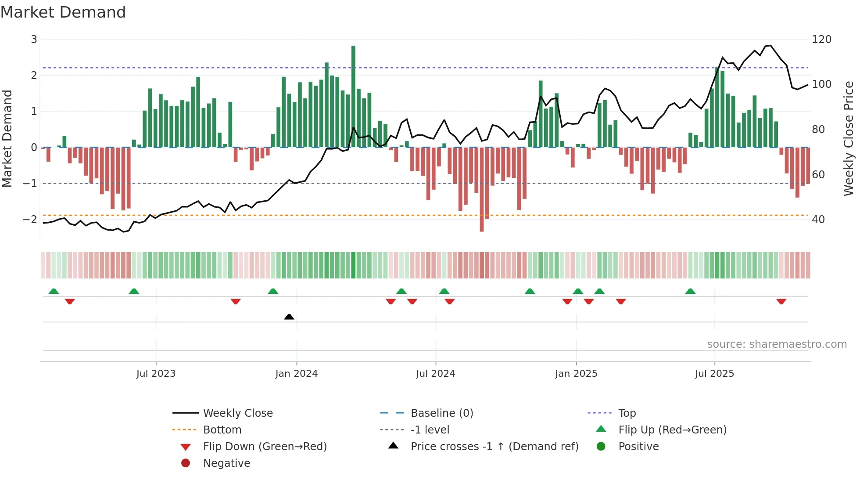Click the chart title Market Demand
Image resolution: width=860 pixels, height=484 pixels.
[63, 12]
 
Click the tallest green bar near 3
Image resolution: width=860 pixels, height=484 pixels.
[353, 97]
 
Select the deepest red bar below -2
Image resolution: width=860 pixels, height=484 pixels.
[482, 189]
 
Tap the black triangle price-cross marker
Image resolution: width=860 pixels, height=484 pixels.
[289, 317]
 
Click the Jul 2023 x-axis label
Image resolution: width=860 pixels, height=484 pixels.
[156, 374]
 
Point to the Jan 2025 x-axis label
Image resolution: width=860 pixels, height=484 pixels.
[576, 374]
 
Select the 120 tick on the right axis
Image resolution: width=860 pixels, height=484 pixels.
[821, 40]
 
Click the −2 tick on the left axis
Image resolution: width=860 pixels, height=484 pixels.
[30, 219]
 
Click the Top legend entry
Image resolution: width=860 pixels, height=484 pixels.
[627, 413]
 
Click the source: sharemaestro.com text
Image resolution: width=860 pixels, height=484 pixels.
[777, 344]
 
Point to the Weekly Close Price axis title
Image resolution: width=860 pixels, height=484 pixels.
[849, 138]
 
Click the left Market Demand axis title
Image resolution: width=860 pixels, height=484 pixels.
[7, 138]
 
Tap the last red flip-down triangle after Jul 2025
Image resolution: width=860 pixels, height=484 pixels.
[781, 302]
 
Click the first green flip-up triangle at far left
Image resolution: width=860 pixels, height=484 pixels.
[54, 291]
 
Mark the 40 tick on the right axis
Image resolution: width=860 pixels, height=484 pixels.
[818, 220]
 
